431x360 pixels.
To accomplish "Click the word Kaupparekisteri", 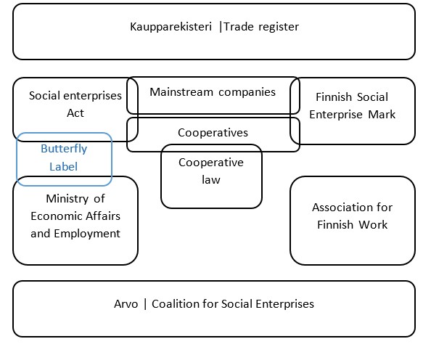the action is coord(171,28).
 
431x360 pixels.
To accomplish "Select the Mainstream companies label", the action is coord(213,92).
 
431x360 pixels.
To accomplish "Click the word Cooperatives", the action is coord(213,133).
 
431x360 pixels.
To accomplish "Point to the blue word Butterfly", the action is coord(64,149).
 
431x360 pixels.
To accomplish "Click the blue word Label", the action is coord(64,167).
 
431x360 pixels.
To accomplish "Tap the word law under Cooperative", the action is coord(211,180).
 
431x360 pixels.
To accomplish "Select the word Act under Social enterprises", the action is coord(75,113).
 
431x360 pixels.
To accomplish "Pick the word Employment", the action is coord(87,234).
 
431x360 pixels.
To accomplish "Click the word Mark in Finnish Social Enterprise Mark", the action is coord(382,115).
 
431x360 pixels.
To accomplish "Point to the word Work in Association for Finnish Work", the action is coord(373,225).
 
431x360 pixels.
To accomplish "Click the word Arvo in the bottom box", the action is coord(126,304).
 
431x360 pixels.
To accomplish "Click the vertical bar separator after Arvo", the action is coord(145,304).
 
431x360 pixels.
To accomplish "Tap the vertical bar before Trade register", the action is coord(221,28).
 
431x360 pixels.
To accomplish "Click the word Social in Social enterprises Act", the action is coord(44,96).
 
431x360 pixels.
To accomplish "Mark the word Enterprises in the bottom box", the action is coord(284,304).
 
